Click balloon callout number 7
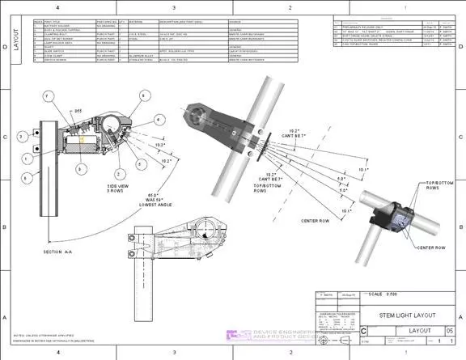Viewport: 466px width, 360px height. pyautogui.click(x=48, y=96)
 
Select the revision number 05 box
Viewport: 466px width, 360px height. pyautogui.click(x=450, y=330)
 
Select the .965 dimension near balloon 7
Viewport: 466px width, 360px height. pyautogui.click(x=79, y=108)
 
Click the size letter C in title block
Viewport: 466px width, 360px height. pyautogui.click(x=362, y=332)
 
